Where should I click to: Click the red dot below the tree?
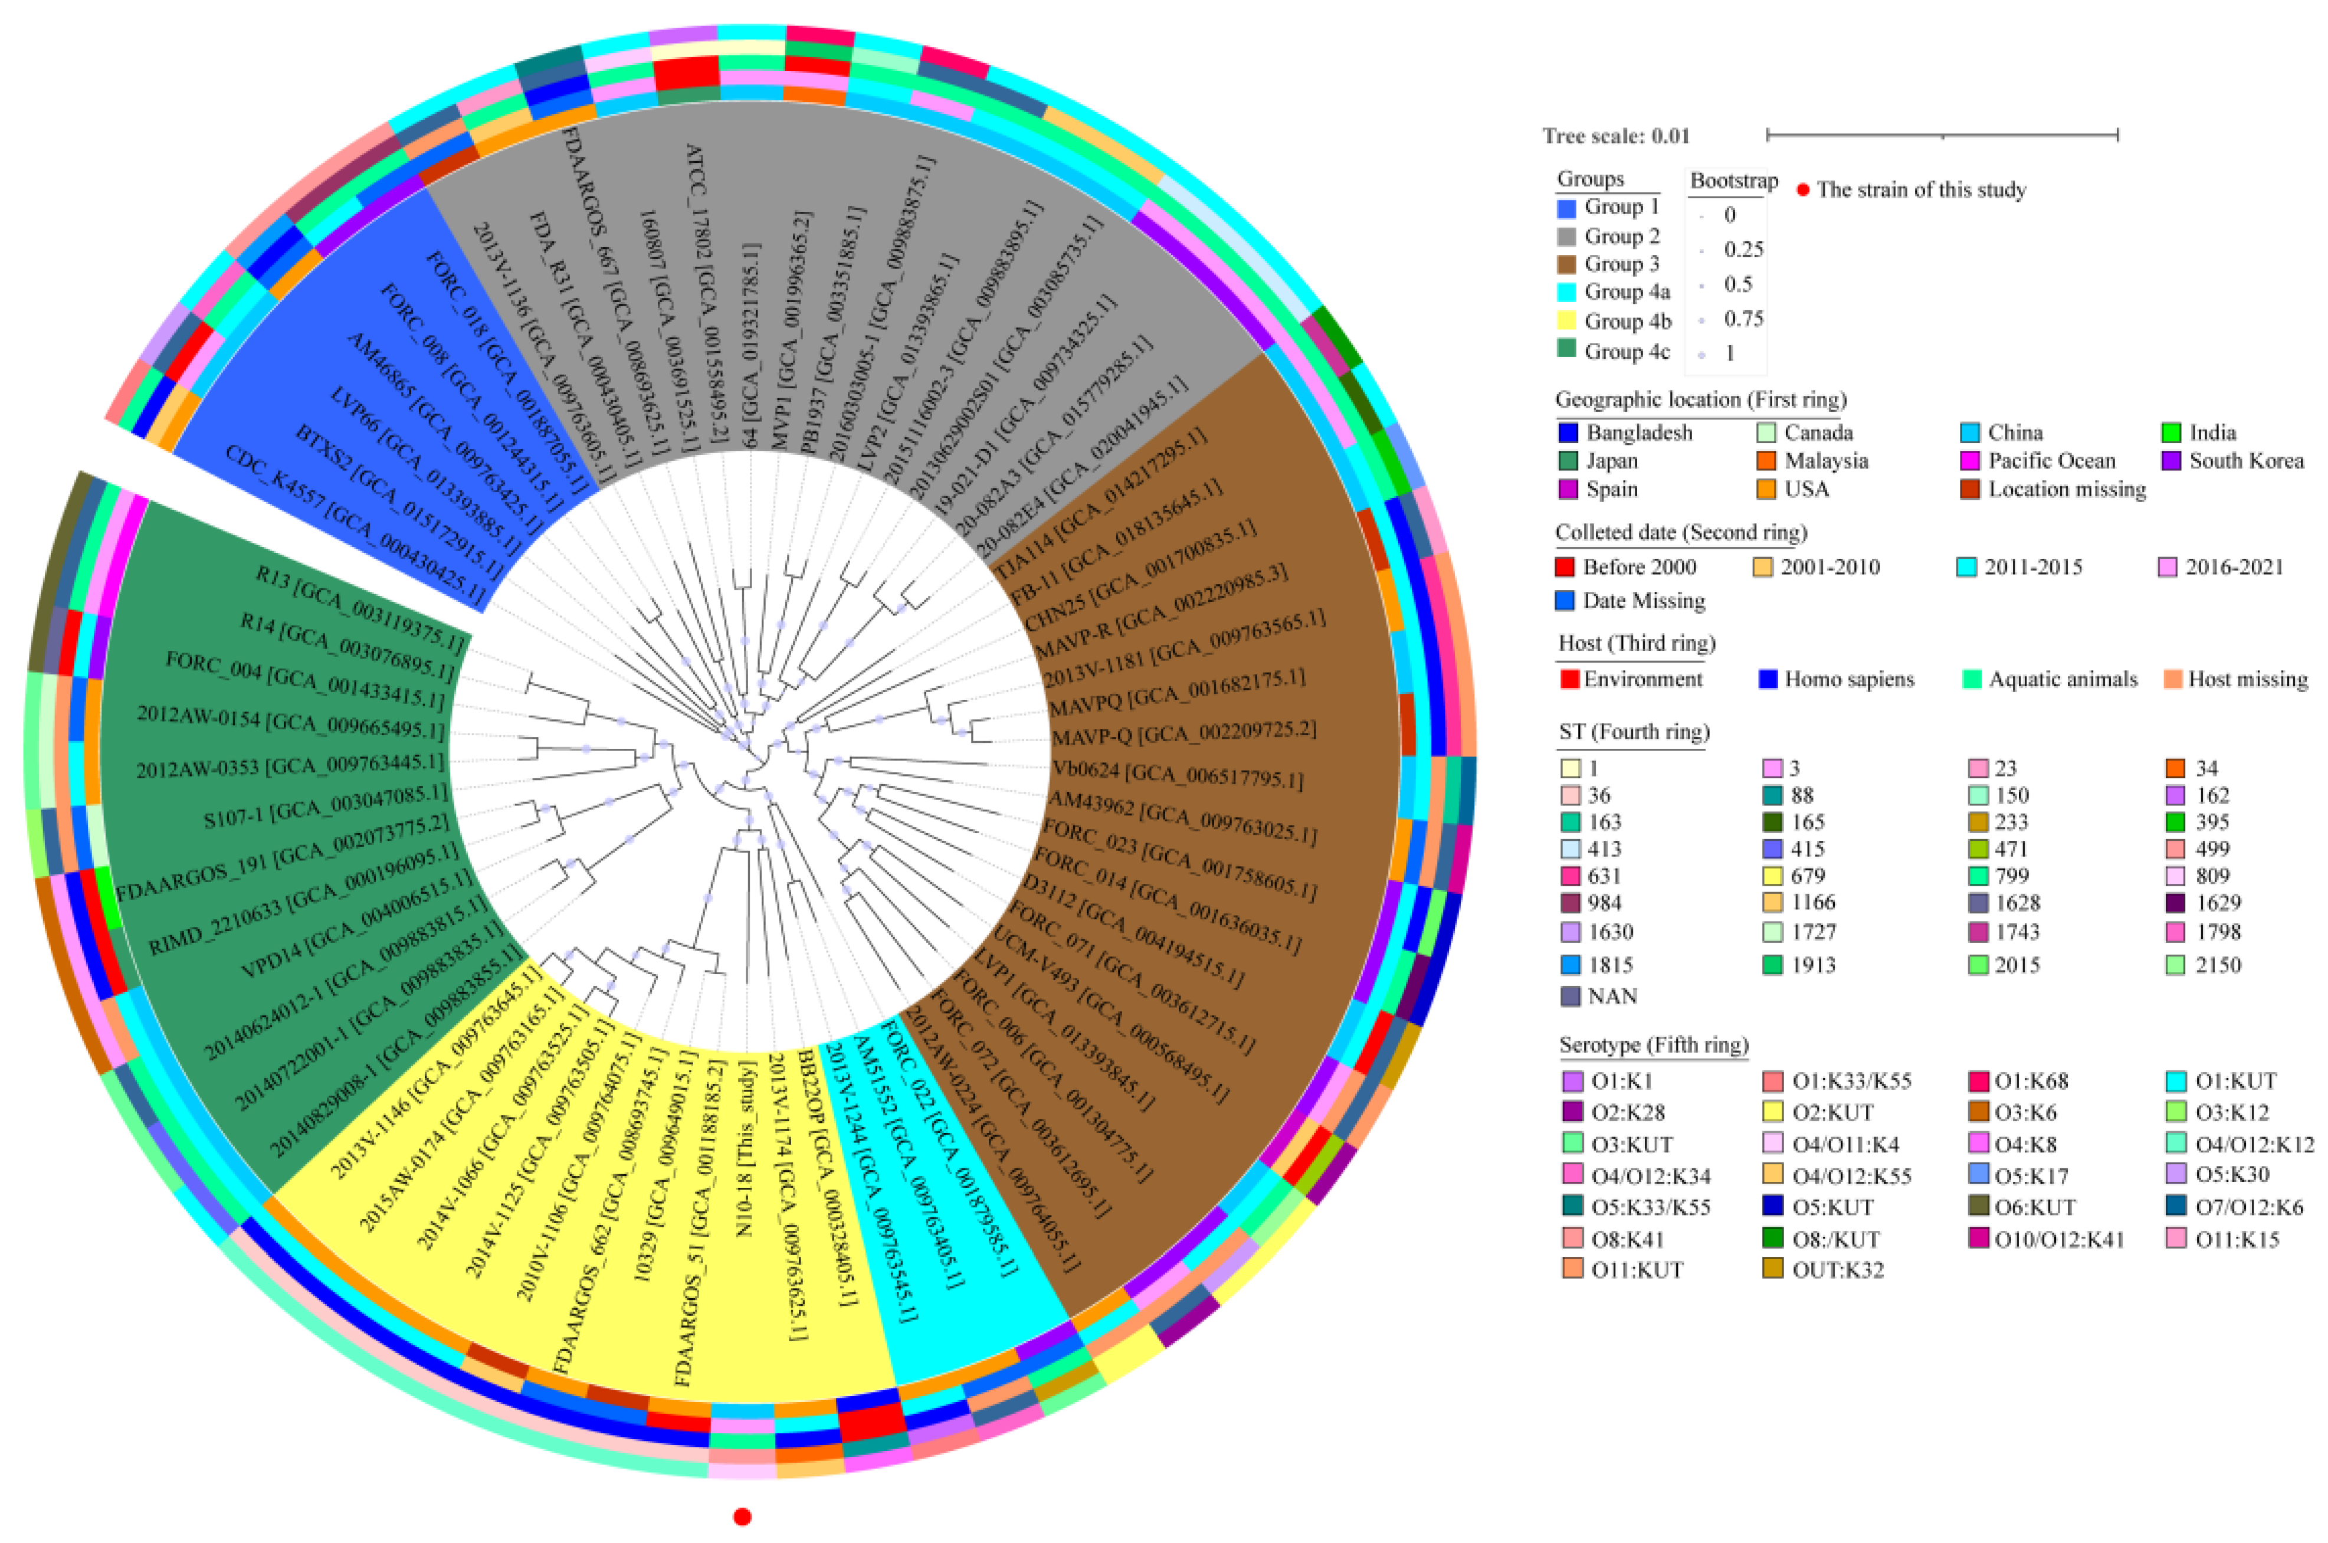click(x=743, y=1516)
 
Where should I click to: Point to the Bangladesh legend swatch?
click(x=1568, y=432)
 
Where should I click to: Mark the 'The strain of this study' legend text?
click(x=1922, y=190)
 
